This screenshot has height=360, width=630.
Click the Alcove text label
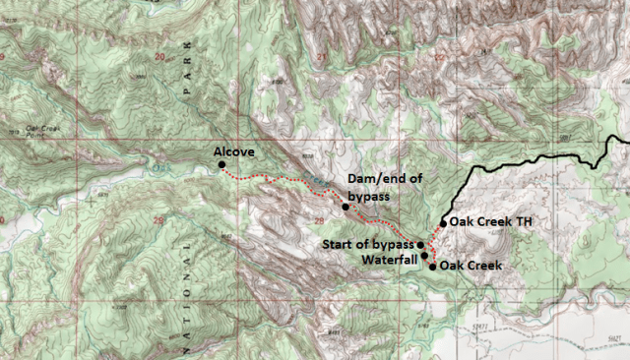pos(235,151)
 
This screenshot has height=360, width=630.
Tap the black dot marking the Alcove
pos(221,165)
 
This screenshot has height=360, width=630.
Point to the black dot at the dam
pos(345,207)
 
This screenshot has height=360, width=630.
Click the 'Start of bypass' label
pos(369,244)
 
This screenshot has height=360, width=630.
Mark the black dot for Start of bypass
pos(420,244)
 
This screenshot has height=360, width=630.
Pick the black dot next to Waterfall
pos(425,256)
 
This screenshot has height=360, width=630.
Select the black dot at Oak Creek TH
pos(444,222)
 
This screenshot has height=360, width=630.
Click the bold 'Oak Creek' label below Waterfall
pos(472,266)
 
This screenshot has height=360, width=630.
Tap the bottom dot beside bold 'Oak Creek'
pos(432,266)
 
